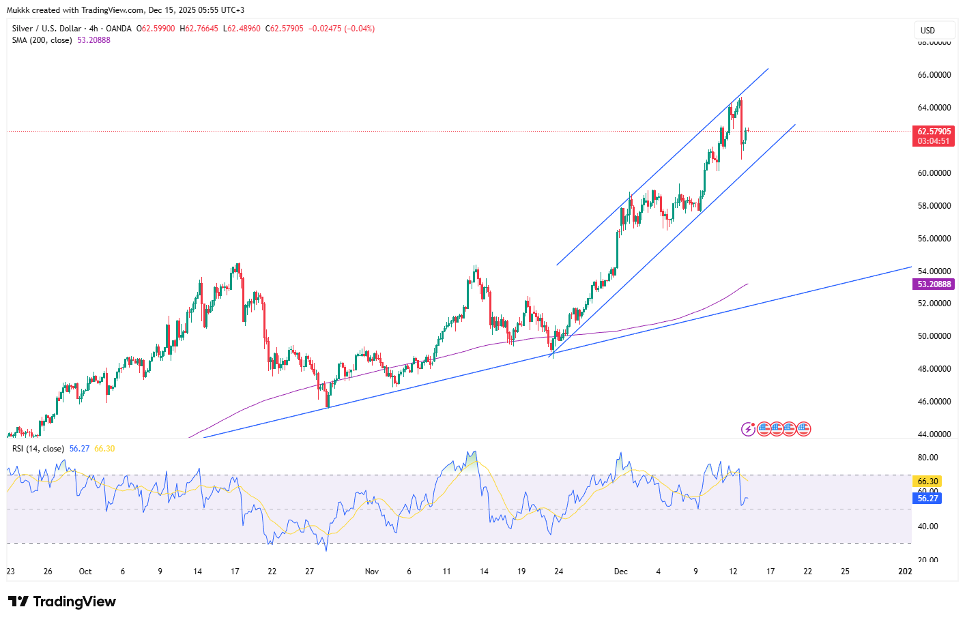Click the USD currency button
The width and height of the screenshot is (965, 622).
click(x=927, y=30)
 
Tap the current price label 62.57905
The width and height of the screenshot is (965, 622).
click(x=934, y=132)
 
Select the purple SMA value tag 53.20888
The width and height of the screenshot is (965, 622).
click(x=934, y=284)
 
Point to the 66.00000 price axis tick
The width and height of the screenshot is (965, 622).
click(x=934, y=75)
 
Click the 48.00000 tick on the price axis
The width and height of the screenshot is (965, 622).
click(x=934, y=369)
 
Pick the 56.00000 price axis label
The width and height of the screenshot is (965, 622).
click(x=934, y=239)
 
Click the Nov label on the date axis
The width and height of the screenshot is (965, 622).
click(x=371, y=572)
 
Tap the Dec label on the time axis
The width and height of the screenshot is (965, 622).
click(x=620, y=572)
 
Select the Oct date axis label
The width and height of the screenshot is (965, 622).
click(x=85, y=572)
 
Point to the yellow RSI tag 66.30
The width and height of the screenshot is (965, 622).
click(x=927, y=482)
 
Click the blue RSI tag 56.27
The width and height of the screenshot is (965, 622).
click(x=927, y=499)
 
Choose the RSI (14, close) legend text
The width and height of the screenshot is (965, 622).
click(x=38, y=449)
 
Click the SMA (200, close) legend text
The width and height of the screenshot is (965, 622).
click(x=42, y=40)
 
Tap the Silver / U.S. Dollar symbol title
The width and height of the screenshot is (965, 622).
click(x=46, y=29)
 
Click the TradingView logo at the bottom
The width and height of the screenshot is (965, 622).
click(x=62, y=602)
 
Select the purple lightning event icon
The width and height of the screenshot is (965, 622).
click(x=749, y=429)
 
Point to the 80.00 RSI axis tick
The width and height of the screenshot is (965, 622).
click(x=927, y=458)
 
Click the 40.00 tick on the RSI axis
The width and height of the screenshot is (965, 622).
click(x=927, y=527)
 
